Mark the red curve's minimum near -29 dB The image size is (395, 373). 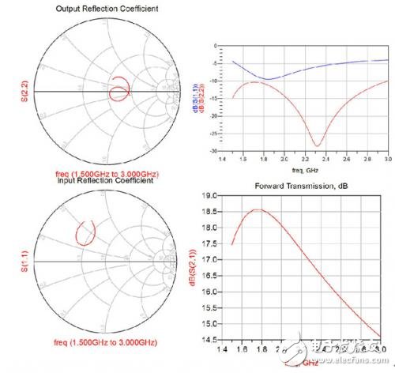coord(316,145)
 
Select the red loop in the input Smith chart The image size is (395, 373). coord(86,232)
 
